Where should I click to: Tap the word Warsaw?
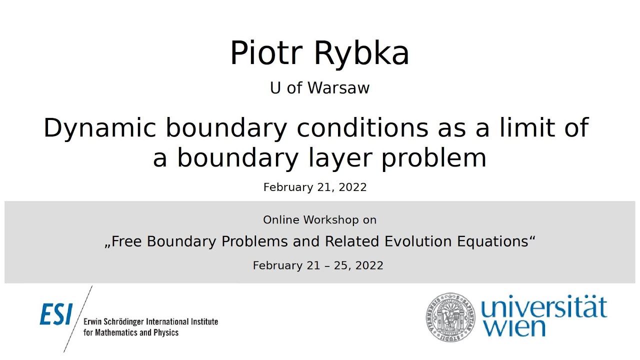click(x=338, y=88)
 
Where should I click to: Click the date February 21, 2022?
click(x=315, y=187)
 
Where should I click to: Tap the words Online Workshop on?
click(x=319, y=220)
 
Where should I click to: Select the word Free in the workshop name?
click(x=126, y=241)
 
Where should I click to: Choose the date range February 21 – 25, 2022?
click(x=318, y=265)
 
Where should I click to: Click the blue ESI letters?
click(x=56, y=314)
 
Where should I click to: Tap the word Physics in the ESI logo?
click(x=166, y=332)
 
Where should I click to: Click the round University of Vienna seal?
click(x=450, y=317)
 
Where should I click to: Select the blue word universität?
click(x=543, y=308)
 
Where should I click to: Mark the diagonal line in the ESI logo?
click(x=78, y=318)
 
